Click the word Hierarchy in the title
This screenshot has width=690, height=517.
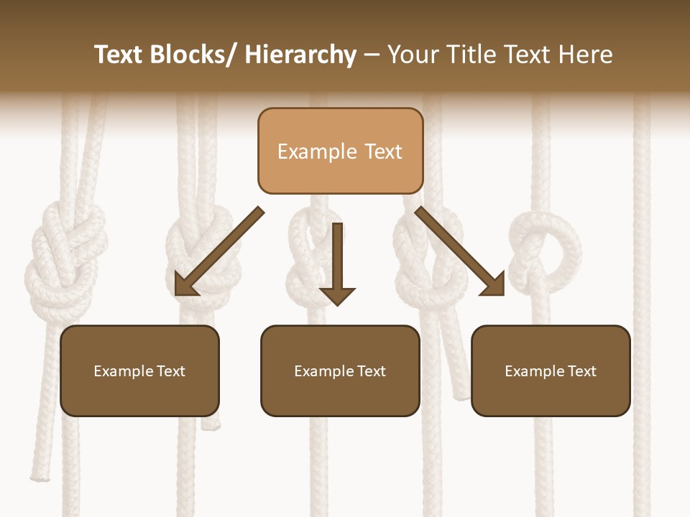coord(300,55)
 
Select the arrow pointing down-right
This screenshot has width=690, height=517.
coord(460,251)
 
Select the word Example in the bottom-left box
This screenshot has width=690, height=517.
coord(123,371)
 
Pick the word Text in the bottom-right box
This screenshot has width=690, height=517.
coord(581,371)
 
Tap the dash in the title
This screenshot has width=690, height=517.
coord(372,55)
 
